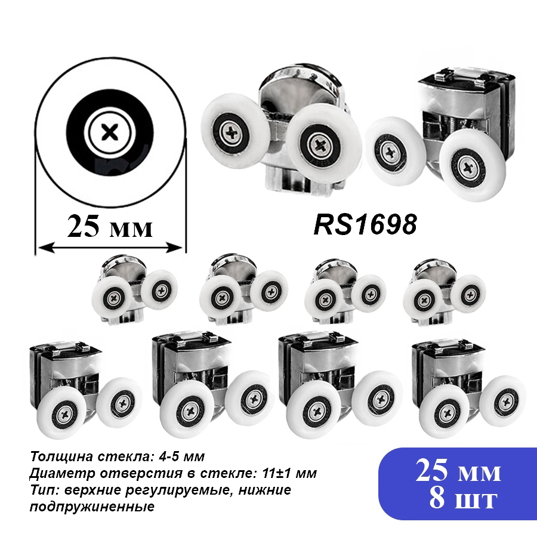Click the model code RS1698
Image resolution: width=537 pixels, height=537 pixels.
(365, 224)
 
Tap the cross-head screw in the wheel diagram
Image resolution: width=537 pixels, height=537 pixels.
(110, 132)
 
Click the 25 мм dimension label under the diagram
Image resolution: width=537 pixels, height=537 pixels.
(110, 227)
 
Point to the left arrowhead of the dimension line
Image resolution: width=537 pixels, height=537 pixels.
(46, 247)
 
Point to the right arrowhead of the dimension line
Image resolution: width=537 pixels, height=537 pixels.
(174, 247)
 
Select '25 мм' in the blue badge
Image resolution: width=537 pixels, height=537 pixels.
(458, 471)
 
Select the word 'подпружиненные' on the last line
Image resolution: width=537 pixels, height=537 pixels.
(92, 507)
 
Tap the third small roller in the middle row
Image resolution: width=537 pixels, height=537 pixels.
(345, 291)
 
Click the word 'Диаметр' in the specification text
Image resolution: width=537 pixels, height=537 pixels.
(56, 474)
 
